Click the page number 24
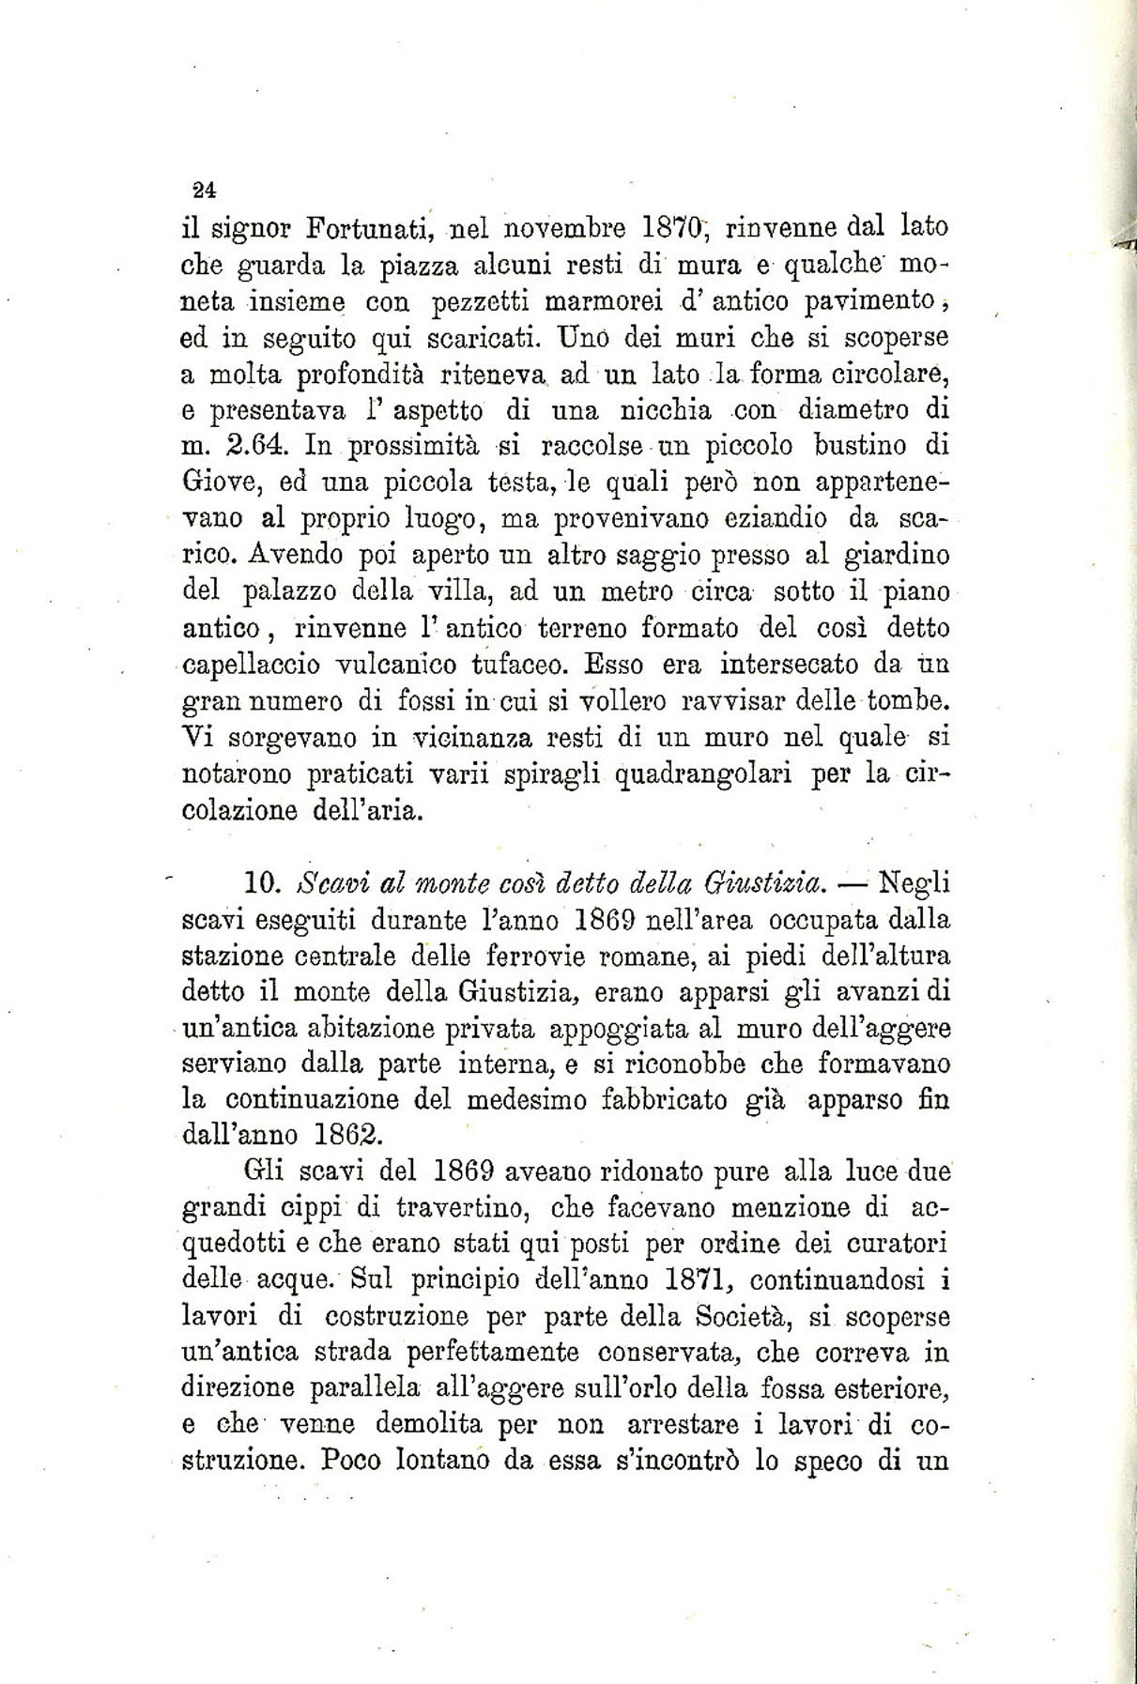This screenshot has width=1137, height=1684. (205, 189)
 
